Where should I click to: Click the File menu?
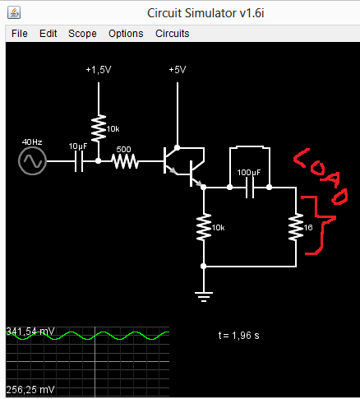tap(19, 34)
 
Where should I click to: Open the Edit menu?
tap(48, 34)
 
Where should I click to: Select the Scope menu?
tap(82, 34)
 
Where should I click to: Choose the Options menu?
tap(126, 34)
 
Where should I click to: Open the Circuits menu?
tap(173, 34)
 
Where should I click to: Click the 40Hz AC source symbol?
tap(33, 161)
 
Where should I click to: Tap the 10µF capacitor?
tap(79, 161)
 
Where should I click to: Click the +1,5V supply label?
tap(98, 71)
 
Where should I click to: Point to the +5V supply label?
tap(177, 71)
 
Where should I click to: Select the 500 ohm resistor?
tap(124, 161)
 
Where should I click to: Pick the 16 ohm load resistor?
tap(295, 227)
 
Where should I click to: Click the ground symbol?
tap(204, 296)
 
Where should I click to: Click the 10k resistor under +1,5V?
tap(98, 128)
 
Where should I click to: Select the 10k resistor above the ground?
tap(204, 227)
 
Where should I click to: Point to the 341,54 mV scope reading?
tap(30, 332)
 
